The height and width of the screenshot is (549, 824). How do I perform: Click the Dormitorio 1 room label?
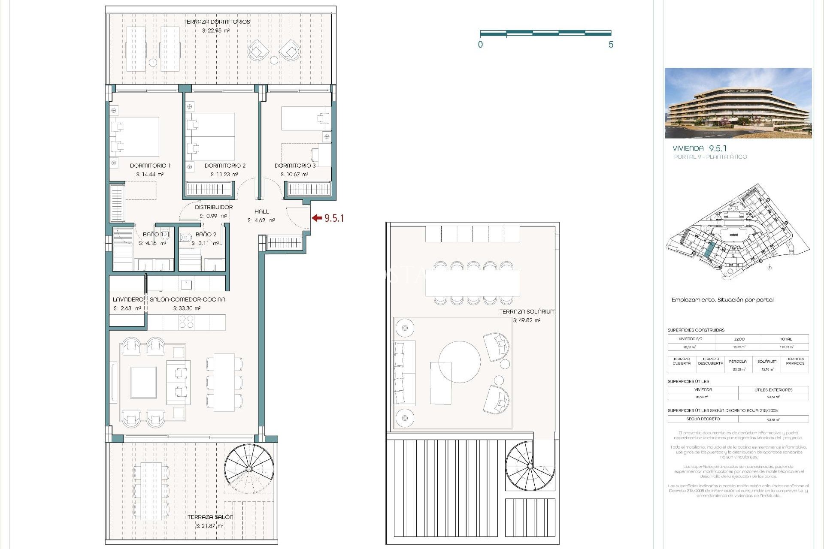pos(150,166)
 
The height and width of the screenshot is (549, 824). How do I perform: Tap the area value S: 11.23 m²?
pos(224,175)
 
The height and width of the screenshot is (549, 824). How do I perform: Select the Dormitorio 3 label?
pos(295,166)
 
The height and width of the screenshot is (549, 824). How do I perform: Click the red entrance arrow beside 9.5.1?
pos(317,218)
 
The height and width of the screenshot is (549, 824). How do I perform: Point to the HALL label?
pos(261,211)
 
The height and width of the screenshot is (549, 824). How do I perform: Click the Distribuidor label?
pos(214,207)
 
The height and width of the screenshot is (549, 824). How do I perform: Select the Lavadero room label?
pos(127,299)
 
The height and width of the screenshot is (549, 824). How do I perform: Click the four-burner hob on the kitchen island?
pos(186,322)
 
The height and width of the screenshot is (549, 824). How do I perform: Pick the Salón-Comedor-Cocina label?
pos(187,299)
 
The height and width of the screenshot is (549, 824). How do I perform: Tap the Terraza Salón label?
pos(210,517)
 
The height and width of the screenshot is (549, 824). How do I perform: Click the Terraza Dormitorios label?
pos(216,22)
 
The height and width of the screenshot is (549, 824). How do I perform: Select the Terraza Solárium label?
pos(527,312)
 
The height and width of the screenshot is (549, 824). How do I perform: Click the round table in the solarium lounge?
pos(459,362)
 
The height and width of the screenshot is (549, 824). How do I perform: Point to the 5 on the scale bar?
pos(611,45)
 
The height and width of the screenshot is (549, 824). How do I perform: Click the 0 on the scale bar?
pos(480,45)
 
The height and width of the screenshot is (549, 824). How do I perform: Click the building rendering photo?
pos(738,103)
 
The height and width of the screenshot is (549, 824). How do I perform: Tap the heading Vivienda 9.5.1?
pos(699,148)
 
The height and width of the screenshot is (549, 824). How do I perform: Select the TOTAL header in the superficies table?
pos(785,339)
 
